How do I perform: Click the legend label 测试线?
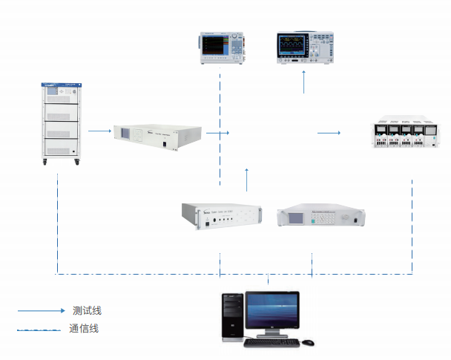pos(86,310)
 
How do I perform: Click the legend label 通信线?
pos(83,329)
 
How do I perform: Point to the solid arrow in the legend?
pos(42,310)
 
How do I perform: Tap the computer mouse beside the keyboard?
pos(308,342)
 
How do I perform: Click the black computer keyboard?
pos(272,343)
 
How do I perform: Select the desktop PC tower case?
pos(232,316)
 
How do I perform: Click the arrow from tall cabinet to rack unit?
pos(99,131)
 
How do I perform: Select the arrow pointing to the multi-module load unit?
pos(329,133)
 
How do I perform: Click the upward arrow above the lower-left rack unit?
pos(247,179)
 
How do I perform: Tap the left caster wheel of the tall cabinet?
pos(43,163)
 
